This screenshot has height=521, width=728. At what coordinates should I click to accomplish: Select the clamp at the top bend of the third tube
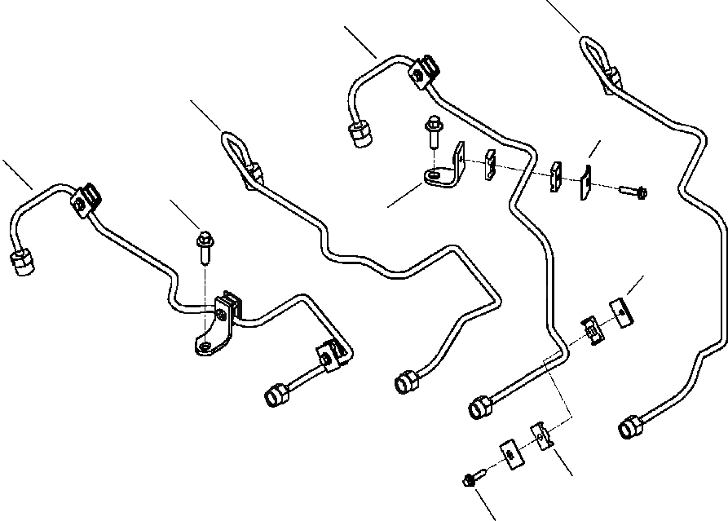pyautogui.click(x=423, y=72)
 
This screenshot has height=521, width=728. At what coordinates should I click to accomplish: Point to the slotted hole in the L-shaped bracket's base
pyautogui.click(x=439, y=174)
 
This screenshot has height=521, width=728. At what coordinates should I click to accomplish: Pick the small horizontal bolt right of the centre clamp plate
pyautogui.click(x=637, y=192)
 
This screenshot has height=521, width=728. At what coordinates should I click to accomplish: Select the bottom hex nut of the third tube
pyautogui.click(x=479, y=405)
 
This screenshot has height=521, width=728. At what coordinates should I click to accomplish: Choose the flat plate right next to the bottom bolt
pyautogui.click(x=509, y=454)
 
